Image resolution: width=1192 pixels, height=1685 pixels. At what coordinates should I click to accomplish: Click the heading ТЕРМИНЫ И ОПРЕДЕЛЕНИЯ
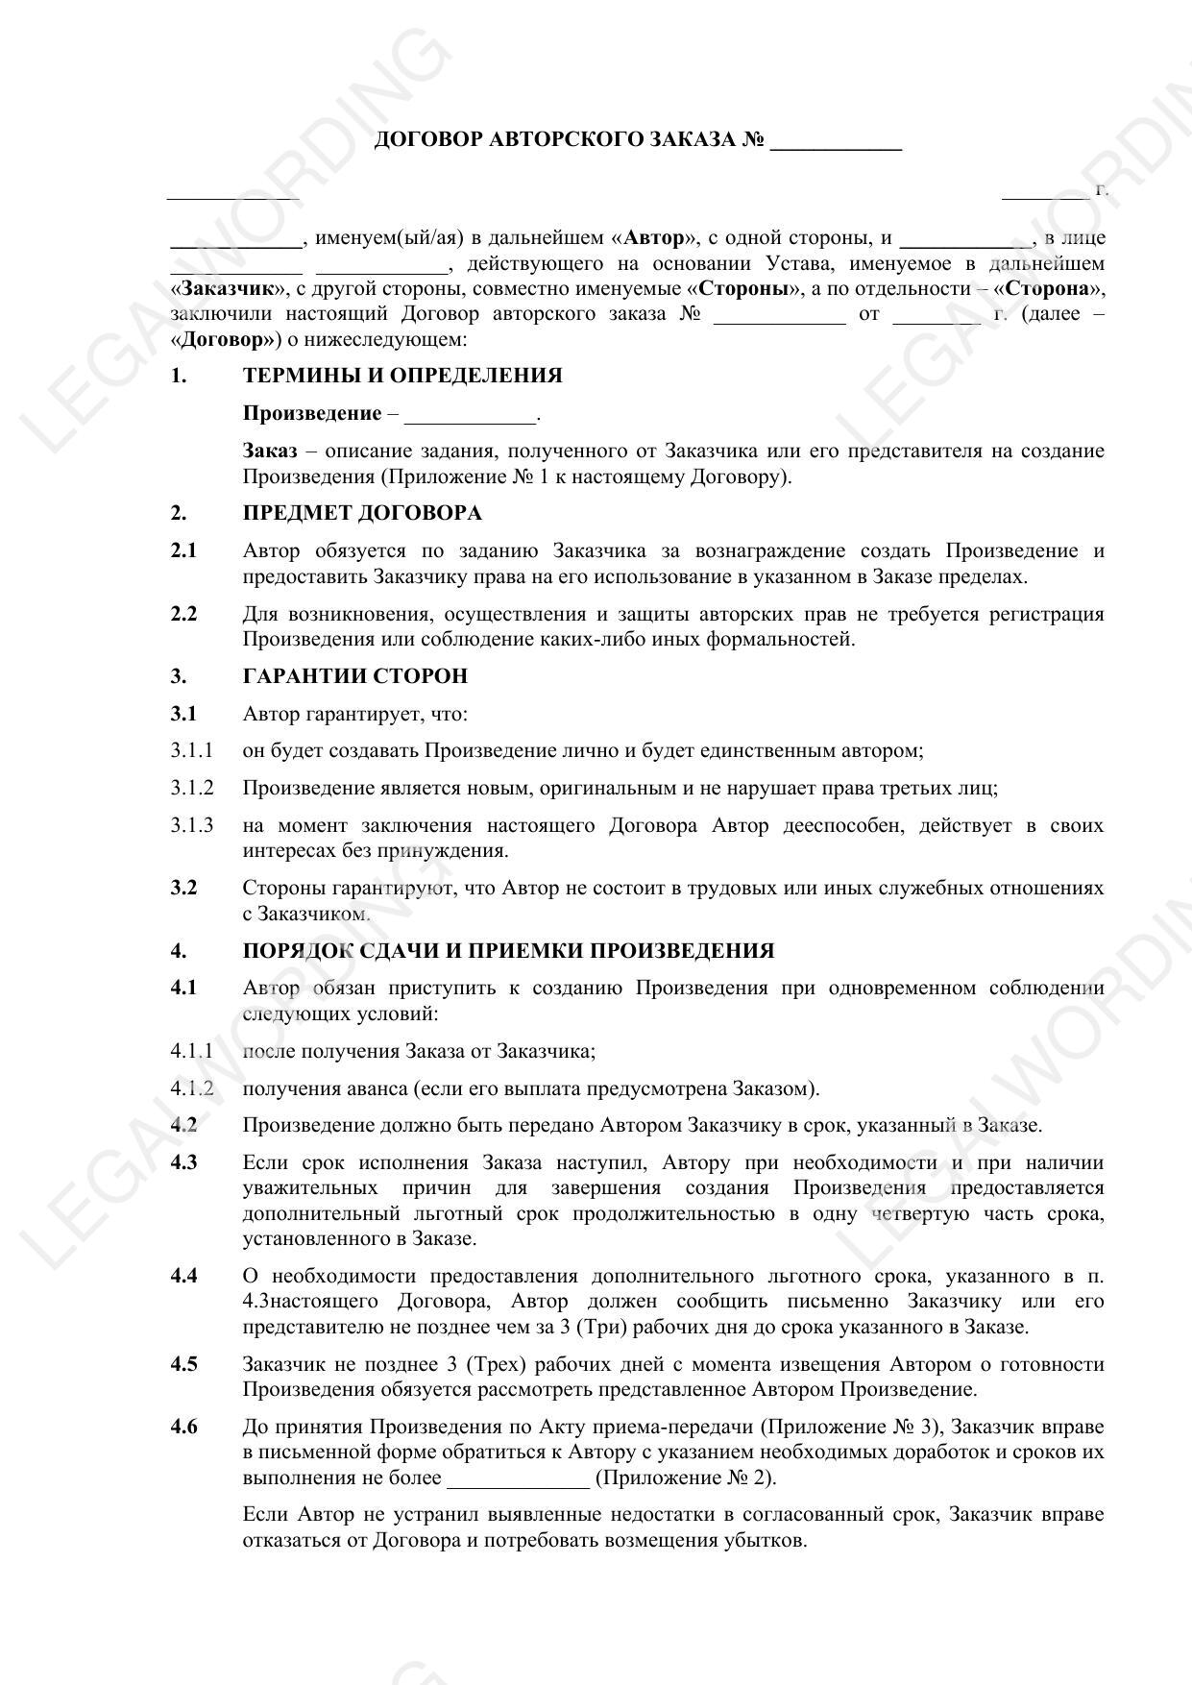pyautogui.click(x=402, y=376)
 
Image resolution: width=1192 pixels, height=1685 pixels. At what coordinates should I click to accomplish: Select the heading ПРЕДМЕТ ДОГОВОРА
pyautogui.click(x=362, y=513)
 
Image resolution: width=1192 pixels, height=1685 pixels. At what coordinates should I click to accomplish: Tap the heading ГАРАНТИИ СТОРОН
pyautogui.click(x=355, y=676)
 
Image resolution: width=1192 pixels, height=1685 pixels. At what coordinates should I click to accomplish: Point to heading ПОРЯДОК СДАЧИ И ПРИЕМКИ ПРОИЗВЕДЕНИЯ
pyautogui.click(x=508, y=951)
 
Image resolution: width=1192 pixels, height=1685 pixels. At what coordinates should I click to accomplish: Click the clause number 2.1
pyautogui.click(x=183, y=550)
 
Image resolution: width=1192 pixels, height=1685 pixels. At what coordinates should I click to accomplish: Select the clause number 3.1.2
pyautogui.click(x=192, y=789)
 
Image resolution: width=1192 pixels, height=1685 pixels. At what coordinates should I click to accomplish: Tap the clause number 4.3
pyautogui.click(x=183, y=1162)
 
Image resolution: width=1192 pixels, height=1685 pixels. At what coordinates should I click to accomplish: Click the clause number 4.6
pyautogui.click(x=183, y=1427)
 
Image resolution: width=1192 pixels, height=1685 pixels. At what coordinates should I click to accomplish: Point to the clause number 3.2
pyautogui.click(x=183, y=888)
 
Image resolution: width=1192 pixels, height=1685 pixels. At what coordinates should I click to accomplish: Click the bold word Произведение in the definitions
pyautogui.click(x=312, y=414)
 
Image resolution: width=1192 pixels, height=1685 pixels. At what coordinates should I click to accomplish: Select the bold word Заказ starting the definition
pyautogui.click(x=270, y=452)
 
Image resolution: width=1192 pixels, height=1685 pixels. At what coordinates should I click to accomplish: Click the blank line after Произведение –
pyautogui.click(x=471, y=417)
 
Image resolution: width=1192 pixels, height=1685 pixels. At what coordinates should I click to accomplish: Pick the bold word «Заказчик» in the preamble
pyautogui.click(x=227, y=289)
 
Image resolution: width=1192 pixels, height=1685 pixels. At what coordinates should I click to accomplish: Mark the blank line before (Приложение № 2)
pyautogui.click(x=518, y=1479)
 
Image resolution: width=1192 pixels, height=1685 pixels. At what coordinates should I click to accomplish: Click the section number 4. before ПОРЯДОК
pyautogui.click(x=179, y=951)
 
